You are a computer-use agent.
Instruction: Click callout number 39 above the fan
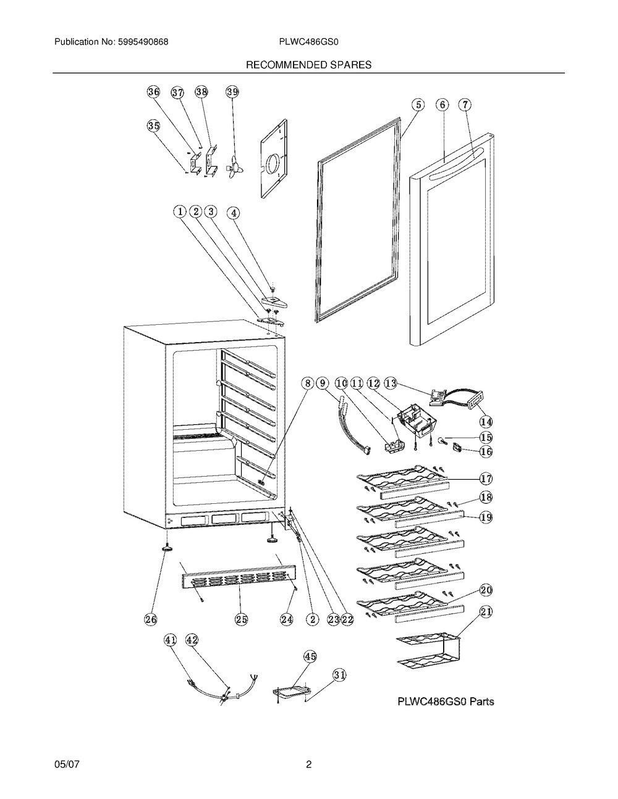[232, 92]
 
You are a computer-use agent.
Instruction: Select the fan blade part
[234, 167]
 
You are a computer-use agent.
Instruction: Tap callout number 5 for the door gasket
[418, 105]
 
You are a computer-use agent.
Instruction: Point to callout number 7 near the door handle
[465, 105]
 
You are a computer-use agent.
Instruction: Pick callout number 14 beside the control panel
[486, 422]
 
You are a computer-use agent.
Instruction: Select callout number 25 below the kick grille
[241, 619]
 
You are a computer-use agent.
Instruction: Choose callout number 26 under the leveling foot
[150, 619]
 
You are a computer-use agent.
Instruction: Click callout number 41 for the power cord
[170, 640]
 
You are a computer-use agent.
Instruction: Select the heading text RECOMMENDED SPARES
[308, 65]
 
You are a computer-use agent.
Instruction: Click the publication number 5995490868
[143, 42]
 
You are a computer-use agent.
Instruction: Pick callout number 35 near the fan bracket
[154, 126]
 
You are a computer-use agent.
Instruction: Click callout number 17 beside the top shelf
[486, 479]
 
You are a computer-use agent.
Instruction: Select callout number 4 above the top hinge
[233, 213]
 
